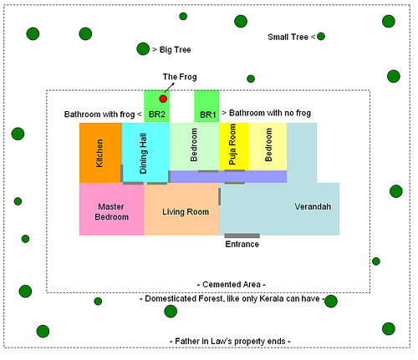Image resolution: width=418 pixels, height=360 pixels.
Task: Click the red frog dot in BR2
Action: (x=163, y=99)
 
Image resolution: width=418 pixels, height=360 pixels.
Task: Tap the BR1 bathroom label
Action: (x=208, y=114)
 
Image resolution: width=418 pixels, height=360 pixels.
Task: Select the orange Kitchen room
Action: (x=100, y=153)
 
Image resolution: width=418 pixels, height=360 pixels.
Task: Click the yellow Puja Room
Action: (x=234, y=147)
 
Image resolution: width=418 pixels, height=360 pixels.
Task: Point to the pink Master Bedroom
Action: (x=112, y=209)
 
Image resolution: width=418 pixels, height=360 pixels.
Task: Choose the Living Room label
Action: (x=186, y=212)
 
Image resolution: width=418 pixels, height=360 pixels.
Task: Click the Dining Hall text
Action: (x=143, y=154)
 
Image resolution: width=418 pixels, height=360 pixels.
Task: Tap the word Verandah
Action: (x=313, y=206)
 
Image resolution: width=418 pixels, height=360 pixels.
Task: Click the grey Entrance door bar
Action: (x=242, y=236)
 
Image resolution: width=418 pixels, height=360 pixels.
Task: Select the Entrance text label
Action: (x=242, y=244)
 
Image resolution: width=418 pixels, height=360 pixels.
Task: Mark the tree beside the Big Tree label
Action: (x=143, y=48)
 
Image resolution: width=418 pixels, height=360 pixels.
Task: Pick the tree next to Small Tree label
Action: (x=321, y=36)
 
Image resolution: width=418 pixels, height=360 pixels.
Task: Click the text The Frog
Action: (x=180, y=77)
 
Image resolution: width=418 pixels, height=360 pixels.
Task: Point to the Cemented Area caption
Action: (x=232, y=285)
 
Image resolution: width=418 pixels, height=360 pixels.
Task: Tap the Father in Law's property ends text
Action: (x=230, y=342)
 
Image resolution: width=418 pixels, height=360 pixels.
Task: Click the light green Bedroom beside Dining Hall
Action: (x=195, y=147)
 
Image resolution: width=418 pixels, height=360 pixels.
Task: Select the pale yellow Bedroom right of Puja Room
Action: (x=268, y=147)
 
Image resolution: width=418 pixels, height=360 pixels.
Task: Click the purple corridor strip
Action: (x=228, y=177)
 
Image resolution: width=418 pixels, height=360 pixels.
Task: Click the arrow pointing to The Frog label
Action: (x=170, y=87)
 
